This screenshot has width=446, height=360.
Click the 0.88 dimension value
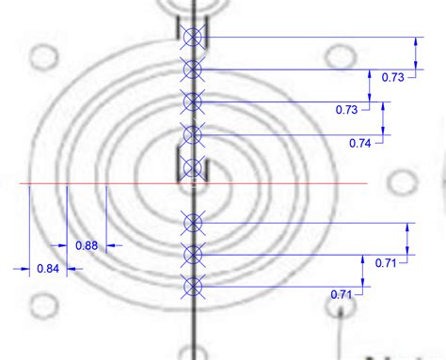click(x=86, y=245)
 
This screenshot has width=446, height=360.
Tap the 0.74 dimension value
click(x=359, y=142)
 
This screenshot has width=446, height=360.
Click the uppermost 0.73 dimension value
click(x=393, y=77)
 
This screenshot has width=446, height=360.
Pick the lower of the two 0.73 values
click(x=346, y=110)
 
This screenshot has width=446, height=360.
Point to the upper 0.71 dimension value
click(x=386, y=263)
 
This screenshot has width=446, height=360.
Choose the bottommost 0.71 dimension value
click(x=342, y=294)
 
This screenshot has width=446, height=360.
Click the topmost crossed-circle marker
click(x=193, y=38)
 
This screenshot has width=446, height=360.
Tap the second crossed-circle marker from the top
click(x=193, y=70)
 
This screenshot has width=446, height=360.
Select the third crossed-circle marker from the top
click(x=193, y=102)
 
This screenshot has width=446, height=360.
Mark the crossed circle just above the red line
click(x=193, y=167)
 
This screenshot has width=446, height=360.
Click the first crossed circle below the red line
click(x=193, y=222)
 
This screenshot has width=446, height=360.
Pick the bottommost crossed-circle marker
click(x=193, y=286)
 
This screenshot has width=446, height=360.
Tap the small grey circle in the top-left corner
click(x=40, y=57)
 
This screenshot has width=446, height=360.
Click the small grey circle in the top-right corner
click(x=336, y=56)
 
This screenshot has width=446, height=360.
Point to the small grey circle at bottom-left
click(x=40, y=305)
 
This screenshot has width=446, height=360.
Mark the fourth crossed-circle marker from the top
click(x=193, y=134)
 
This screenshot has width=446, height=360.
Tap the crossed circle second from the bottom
click(x=193, y=254)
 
